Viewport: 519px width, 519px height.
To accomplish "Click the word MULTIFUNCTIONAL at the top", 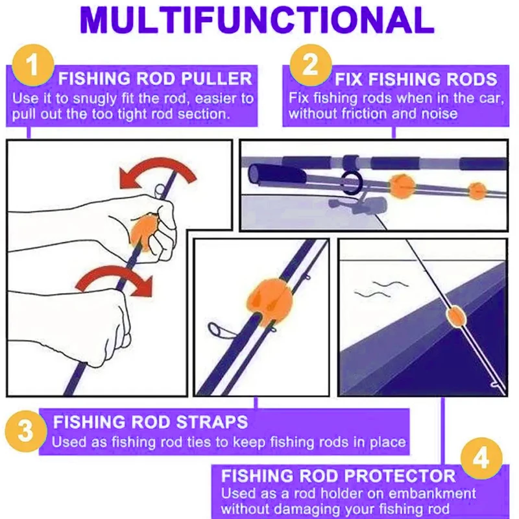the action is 257,20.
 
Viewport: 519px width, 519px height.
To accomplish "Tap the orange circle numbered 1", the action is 33,66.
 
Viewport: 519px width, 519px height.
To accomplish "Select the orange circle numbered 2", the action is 311,66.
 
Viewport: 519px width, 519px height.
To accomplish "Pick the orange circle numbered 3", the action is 26,431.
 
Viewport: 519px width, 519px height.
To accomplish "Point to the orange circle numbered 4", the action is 481,459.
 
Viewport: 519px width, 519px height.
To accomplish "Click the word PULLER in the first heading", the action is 217,78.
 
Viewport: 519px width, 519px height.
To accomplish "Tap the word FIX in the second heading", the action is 349,79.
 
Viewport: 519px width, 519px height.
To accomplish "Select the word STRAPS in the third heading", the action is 212,422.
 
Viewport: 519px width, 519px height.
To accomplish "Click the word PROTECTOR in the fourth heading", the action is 400,476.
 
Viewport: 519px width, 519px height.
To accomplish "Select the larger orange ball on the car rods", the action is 402,186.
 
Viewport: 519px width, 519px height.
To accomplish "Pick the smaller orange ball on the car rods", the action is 477,191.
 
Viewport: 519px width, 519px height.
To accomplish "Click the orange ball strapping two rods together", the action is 270,302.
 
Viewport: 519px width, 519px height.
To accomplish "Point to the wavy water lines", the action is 381,289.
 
